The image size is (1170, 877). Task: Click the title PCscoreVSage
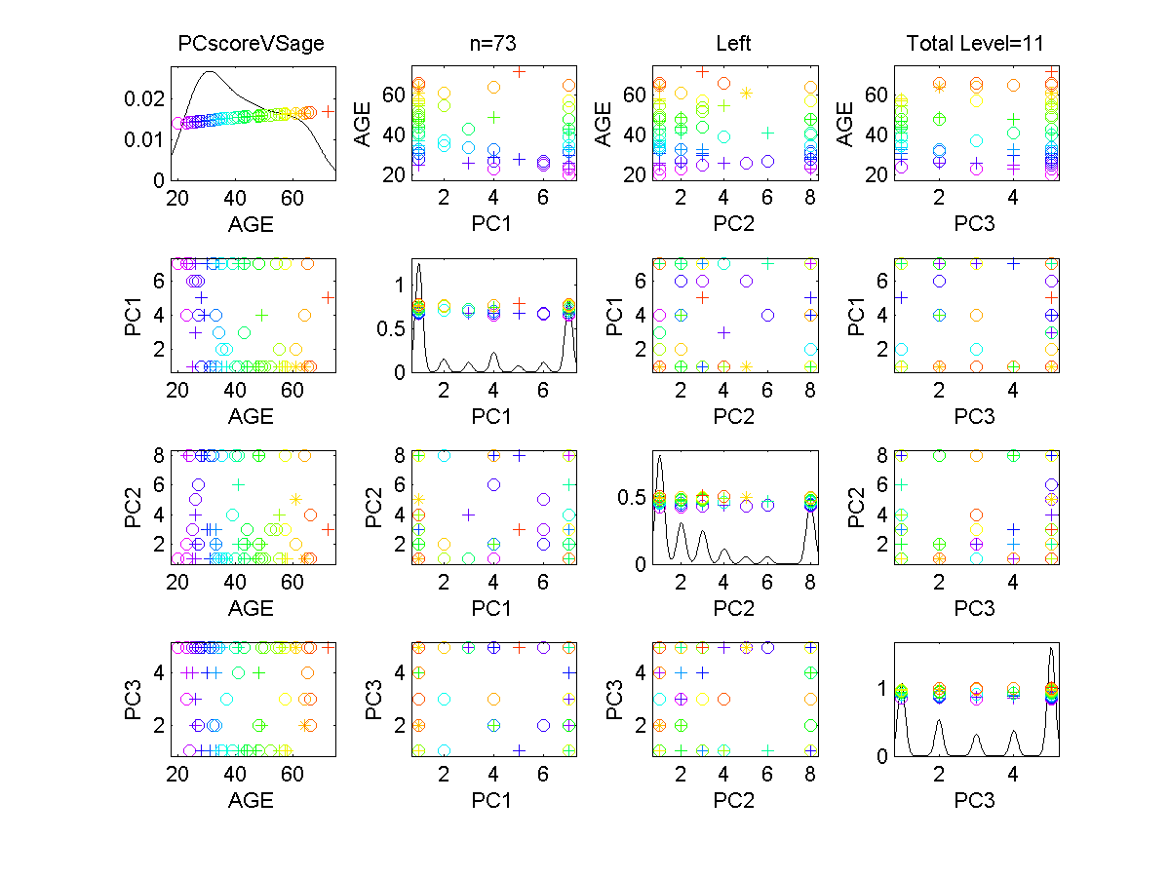251,44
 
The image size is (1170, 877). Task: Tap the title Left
733,44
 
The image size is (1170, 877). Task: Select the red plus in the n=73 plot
520,71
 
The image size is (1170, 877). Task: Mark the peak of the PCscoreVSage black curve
211,71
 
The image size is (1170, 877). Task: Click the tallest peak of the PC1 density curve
418,264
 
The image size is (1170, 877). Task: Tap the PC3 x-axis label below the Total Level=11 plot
976,225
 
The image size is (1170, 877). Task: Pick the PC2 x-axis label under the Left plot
733,225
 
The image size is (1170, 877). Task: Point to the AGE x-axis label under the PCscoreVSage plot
251,225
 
